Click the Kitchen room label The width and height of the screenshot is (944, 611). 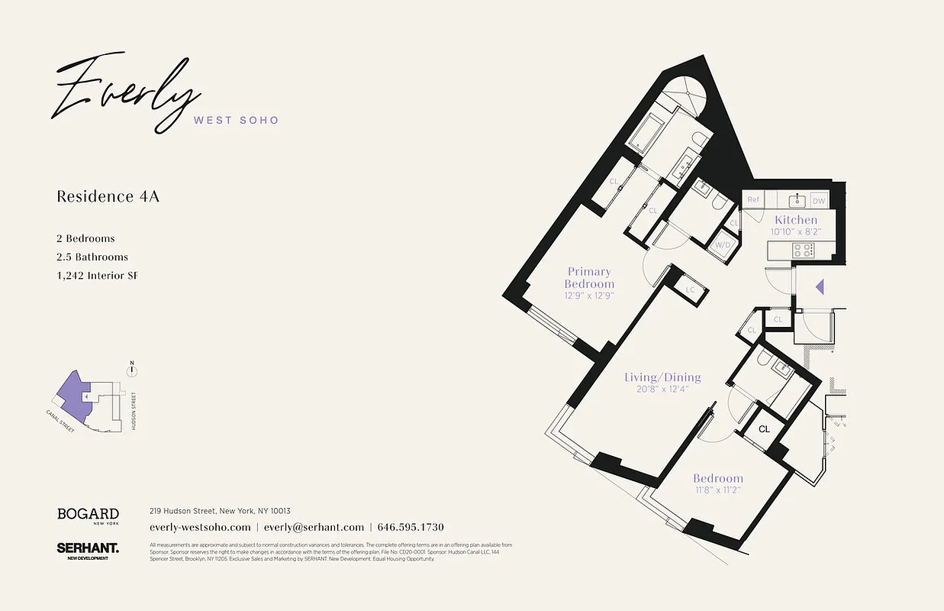pyautogui.click(x=796, y=220)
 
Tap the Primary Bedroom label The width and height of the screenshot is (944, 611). pyautogui.click(x=589, y=277)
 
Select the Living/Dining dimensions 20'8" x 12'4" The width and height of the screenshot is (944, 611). pyautogui.click(x=662, y=390)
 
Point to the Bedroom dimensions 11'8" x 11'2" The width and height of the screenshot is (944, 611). pyautogui.click(x=717, y=490)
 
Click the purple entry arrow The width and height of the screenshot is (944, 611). pyautogui.click(x=820, y=287)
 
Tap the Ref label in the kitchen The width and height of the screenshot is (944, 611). pyautogui.click(x=753, y=200)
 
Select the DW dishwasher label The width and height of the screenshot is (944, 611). pyautogui.click(x=818, y=201)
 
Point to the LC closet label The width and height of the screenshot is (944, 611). pyautogui.click(x=691, y=290)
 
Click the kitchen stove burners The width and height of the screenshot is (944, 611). pyautogui.click(x=803, y=249)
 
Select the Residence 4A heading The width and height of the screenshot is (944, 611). pyautogui.click(x=108, y=196)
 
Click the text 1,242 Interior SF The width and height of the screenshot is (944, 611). pyautogui.click(x=97, y=276)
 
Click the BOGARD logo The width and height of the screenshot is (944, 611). pyautogui.click(x=88, y=514)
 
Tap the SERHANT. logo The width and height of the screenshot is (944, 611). pyautogui.click(x=88, y=548)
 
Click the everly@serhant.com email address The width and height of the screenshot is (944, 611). pyautogui.click(x=314, y=527)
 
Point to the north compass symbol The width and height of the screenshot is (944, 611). pyautogui.click(x=133, y=370)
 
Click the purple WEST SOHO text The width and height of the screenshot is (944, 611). pyautogui.click(x=237, y=120)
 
